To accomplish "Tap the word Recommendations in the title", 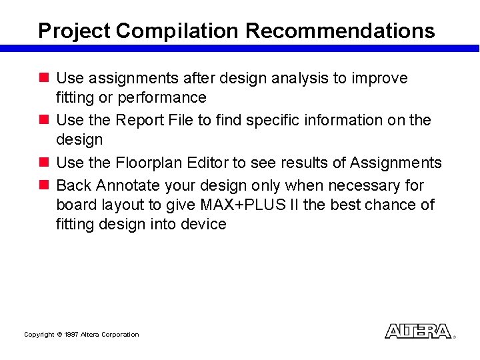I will tap(341, 31).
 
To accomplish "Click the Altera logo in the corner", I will tap(418, 331).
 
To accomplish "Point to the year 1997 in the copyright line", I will tap(71, 335).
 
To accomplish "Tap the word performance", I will tap(162, 97).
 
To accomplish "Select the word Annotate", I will tap(125, 185).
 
